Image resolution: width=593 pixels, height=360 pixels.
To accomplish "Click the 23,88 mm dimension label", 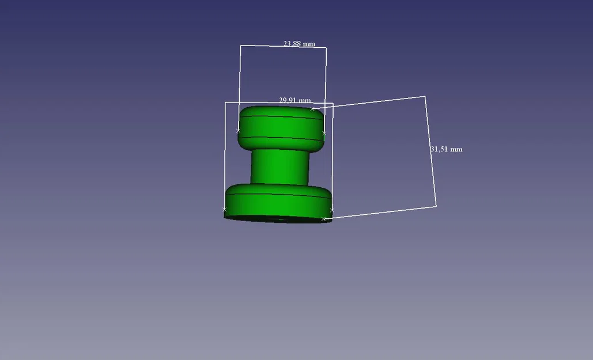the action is [299, 44].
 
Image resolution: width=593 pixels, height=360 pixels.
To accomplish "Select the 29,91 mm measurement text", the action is [295, 100].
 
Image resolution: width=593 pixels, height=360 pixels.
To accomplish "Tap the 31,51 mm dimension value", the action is [446, 149].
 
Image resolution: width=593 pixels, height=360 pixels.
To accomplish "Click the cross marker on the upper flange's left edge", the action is [238, 130].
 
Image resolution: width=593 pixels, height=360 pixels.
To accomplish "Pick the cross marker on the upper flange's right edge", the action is [324, 133].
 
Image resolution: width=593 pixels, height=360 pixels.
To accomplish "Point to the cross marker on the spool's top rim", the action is [312, 109].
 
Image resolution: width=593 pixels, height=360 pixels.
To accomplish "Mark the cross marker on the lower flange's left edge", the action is [224, 209].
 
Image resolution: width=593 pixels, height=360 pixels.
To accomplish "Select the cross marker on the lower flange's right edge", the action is [332, 210].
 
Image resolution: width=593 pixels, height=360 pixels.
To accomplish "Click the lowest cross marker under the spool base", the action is [323, 219].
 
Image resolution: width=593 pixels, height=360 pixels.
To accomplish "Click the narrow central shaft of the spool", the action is [280, 167].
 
